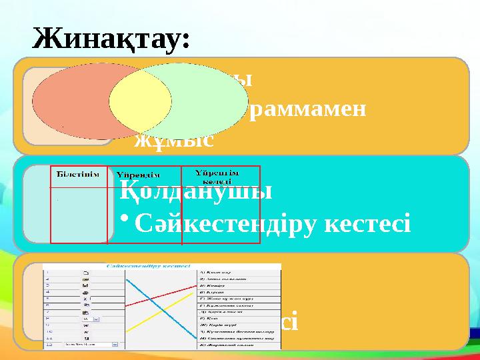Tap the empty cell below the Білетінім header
pos(79,213)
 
